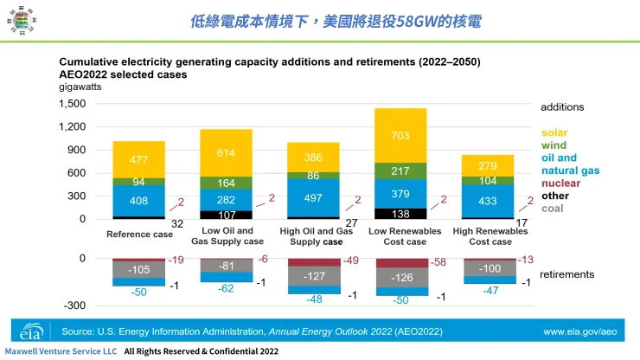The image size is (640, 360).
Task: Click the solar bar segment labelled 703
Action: point(400,136)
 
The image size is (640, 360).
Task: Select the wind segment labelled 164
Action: point(226,183)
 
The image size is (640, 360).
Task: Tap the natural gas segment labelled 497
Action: point(312,199)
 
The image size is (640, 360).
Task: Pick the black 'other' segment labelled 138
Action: point(400,213)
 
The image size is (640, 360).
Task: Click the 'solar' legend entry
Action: point(554,133)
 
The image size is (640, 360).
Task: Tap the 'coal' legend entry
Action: point(554,209)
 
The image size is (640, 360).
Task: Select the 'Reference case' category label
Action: point(138,235)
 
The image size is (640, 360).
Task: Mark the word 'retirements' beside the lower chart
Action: point(566,274)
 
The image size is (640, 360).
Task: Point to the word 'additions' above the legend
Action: point(562,107)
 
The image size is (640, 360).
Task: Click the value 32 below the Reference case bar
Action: point(178,222)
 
